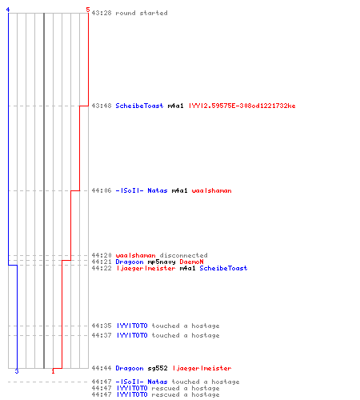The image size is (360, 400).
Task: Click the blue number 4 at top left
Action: (x=8, y=10)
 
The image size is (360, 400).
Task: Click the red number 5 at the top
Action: (x=88, y=10)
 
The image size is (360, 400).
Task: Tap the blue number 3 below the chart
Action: (x=17, y=371)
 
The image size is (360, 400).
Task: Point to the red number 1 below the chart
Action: (x=53, y=371)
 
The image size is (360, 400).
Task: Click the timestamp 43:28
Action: (x=102, y=13)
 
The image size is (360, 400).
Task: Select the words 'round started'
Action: (x=142, y=13)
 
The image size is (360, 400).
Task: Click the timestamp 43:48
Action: (x=102, y=106)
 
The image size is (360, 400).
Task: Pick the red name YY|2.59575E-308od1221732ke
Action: (x=242, y=106)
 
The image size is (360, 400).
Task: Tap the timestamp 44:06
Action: (x=102, y=190)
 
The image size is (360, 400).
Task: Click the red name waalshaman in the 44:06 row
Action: (x=211, y=190)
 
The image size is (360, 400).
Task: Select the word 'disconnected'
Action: (x=183, y=255)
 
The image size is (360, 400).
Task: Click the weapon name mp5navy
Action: (x=162, y=262)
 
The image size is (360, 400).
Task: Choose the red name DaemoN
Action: (x=191, y=262)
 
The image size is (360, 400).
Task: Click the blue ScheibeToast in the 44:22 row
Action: (x=223, y=268)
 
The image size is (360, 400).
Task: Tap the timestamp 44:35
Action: (x=102, y=326)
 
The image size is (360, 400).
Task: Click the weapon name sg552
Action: (x=158, y=368)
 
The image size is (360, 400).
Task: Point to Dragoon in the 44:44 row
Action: (x=130, y=368)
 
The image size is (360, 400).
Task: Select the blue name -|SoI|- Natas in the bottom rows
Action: (x=142, y=382)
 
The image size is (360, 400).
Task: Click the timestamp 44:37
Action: (x=102, y=335)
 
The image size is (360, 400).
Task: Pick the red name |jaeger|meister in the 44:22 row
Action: (x=146, y=268)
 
